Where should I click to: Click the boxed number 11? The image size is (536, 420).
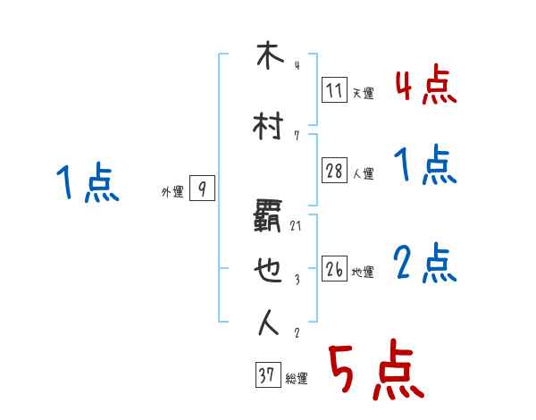[x=334, y=89]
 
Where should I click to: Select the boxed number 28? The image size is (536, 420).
[x=334, y=171]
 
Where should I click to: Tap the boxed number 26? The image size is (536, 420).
[x=334, y=269]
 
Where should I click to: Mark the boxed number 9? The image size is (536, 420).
[x=203, y=189]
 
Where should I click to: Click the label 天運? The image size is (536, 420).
[x=363, y=93]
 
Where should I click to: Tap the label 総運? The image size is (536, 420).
[x=297, y=379]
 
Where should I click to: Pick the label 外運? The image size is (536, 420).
[x=172, y=191]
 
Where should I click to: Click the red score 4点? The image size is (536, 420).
[x=425, y=86]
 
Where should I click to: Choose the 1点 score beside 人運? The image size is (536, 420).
[x=425, y=166]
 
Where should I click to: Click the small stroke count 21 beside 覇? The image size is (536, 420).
[x=296, y=226]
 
